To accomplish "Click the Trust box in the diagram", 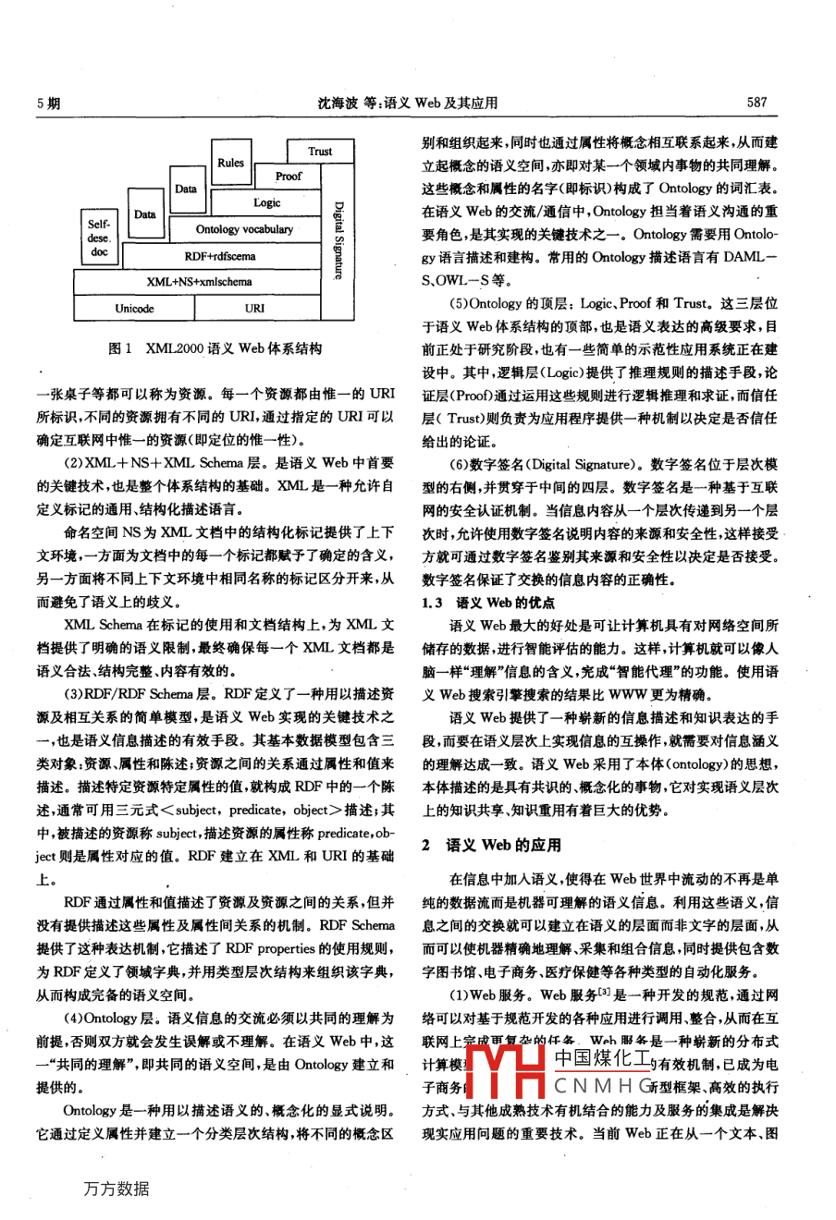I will (x=320, y=151).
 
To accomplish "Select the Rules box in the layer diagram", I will (x=230, y=164).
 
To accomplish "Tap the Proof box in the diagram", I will (x=289, y=176).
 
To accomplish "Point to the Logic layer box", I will (x=267, y=202).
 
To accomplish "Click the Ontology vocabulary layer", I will (x=244, y=229).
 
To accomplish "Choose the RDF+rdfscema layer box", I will (x=220, y=256).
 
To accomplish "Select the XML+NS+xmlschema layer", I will (x=198, y=282).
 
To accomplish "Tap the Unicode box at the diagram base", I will (x=134, y=309).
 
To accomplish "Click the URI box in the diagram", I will (x=255, y=309).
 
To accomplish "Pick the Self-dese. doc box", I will (x=99, y=238).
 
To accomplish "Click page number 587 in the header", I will (x=756, y=103).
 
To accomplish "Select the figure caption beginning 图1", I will (x=215, y=349).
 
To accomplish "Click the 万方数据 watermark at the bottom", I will (x=116, y=1189).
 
